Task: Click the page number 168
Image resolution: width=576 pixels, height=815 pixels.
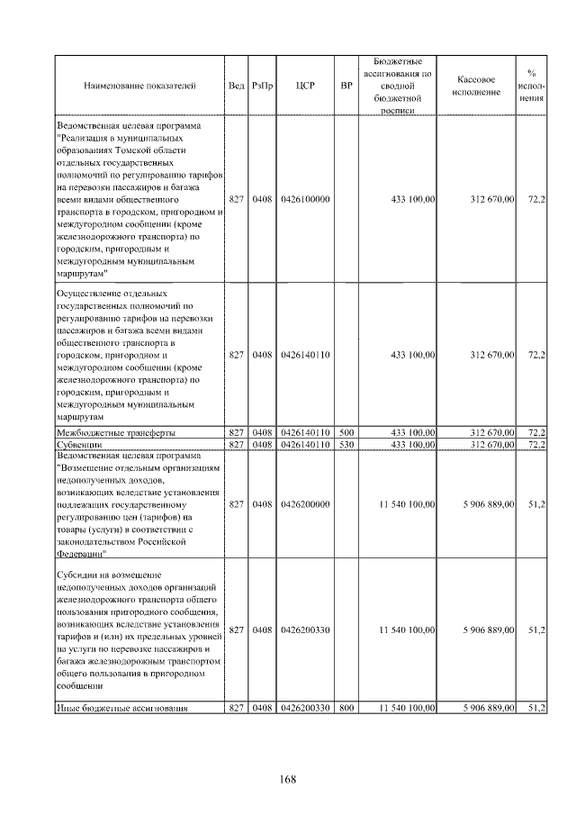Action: point(288,778)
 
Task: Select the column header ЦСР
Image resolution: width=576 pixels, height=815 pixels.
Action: point(303,86)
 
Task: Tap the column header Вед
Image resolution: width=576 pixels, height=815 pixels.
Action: point(236,86)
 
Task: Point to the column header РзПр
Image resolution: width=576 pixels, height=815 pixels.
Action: point(262,86)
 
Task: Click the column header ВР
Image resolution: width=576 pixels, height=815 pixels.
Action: point(346,86)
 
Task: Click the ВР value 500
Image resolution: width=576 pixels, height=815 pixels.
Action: point(346,433)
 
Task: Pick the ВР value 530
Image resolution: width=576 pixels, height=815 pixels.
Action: point(346,444)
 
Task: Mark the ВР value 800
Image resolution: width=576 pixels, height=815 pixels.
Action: point(346,709)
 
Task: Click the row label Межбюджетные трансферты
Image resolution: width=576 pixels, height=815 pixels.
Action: point(115,433)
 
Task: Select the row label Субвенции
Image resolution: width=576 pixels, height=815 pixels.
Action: point(82,444)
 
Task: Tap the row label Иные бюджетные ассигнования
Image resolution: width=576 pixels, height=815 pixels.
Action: point(121,709)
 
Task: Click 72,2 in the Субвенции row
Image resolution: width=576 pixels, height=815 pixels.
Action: point(535,444)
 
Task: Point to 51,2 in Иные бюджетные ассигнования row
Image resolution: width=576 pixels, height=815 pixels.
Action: point(535,709)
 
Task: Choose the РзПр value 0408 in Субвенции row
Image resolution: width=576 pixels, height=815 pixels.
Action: point(262,444)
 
